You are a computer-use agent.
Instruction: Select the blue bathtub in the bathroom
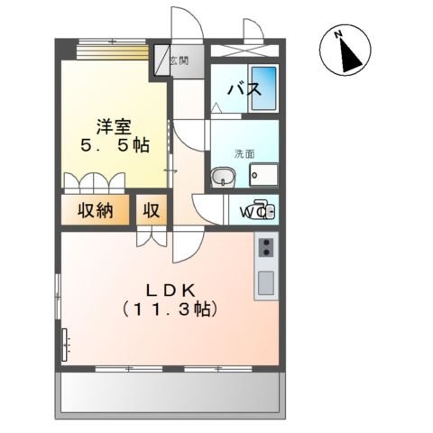pos(263,88)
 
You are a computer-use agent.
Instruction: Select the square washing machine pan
pos(265,174)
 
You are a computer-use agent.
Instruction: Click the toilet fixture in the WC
pos(262,212)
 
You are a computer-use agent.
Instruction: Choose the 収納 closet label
pos(95,212)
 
